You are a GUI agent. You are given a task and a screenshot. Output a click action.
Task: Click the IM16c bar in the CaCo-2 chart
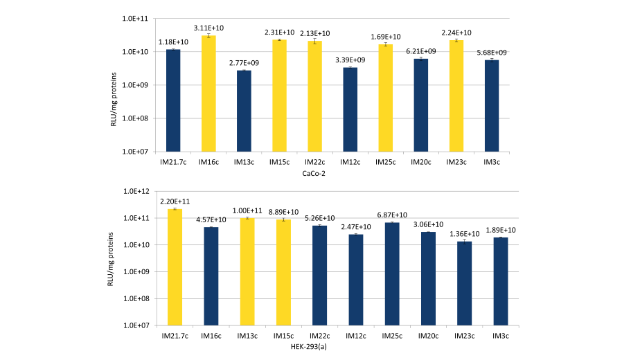coord(208,93)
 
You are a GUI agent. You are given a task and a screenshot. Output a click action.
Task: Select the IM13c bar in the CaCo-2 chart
coord(244,111)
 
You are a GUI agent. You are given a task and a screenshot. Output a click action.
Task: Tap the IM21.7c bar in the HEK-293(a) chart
coord(174,267)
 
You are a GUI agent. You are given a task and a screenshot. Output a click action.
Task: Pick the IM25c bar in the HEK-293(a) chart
coord(391,273)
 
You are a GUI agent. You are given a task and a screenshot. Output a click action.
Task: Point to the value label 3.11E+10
coord(208,27)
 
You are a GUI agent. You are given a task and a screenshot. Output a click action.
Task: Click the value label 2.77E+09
coord(244,62)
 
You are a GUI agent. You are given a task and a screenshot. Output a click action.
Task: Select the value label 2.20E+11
coord(174,201)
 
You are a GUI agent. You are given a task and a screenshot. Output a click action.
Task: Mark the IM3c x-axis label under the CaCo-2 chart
coord(492,162)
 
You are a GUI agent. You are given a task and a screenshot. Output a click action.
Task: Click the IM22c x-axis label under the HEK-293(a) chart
coord(319,336)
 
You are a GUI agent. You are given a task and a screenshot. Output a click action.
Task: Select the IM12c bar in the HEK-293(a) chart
coord(355,280)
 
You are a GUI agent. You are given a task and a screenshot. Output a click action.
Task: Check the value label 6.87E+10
coord(391,215)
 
